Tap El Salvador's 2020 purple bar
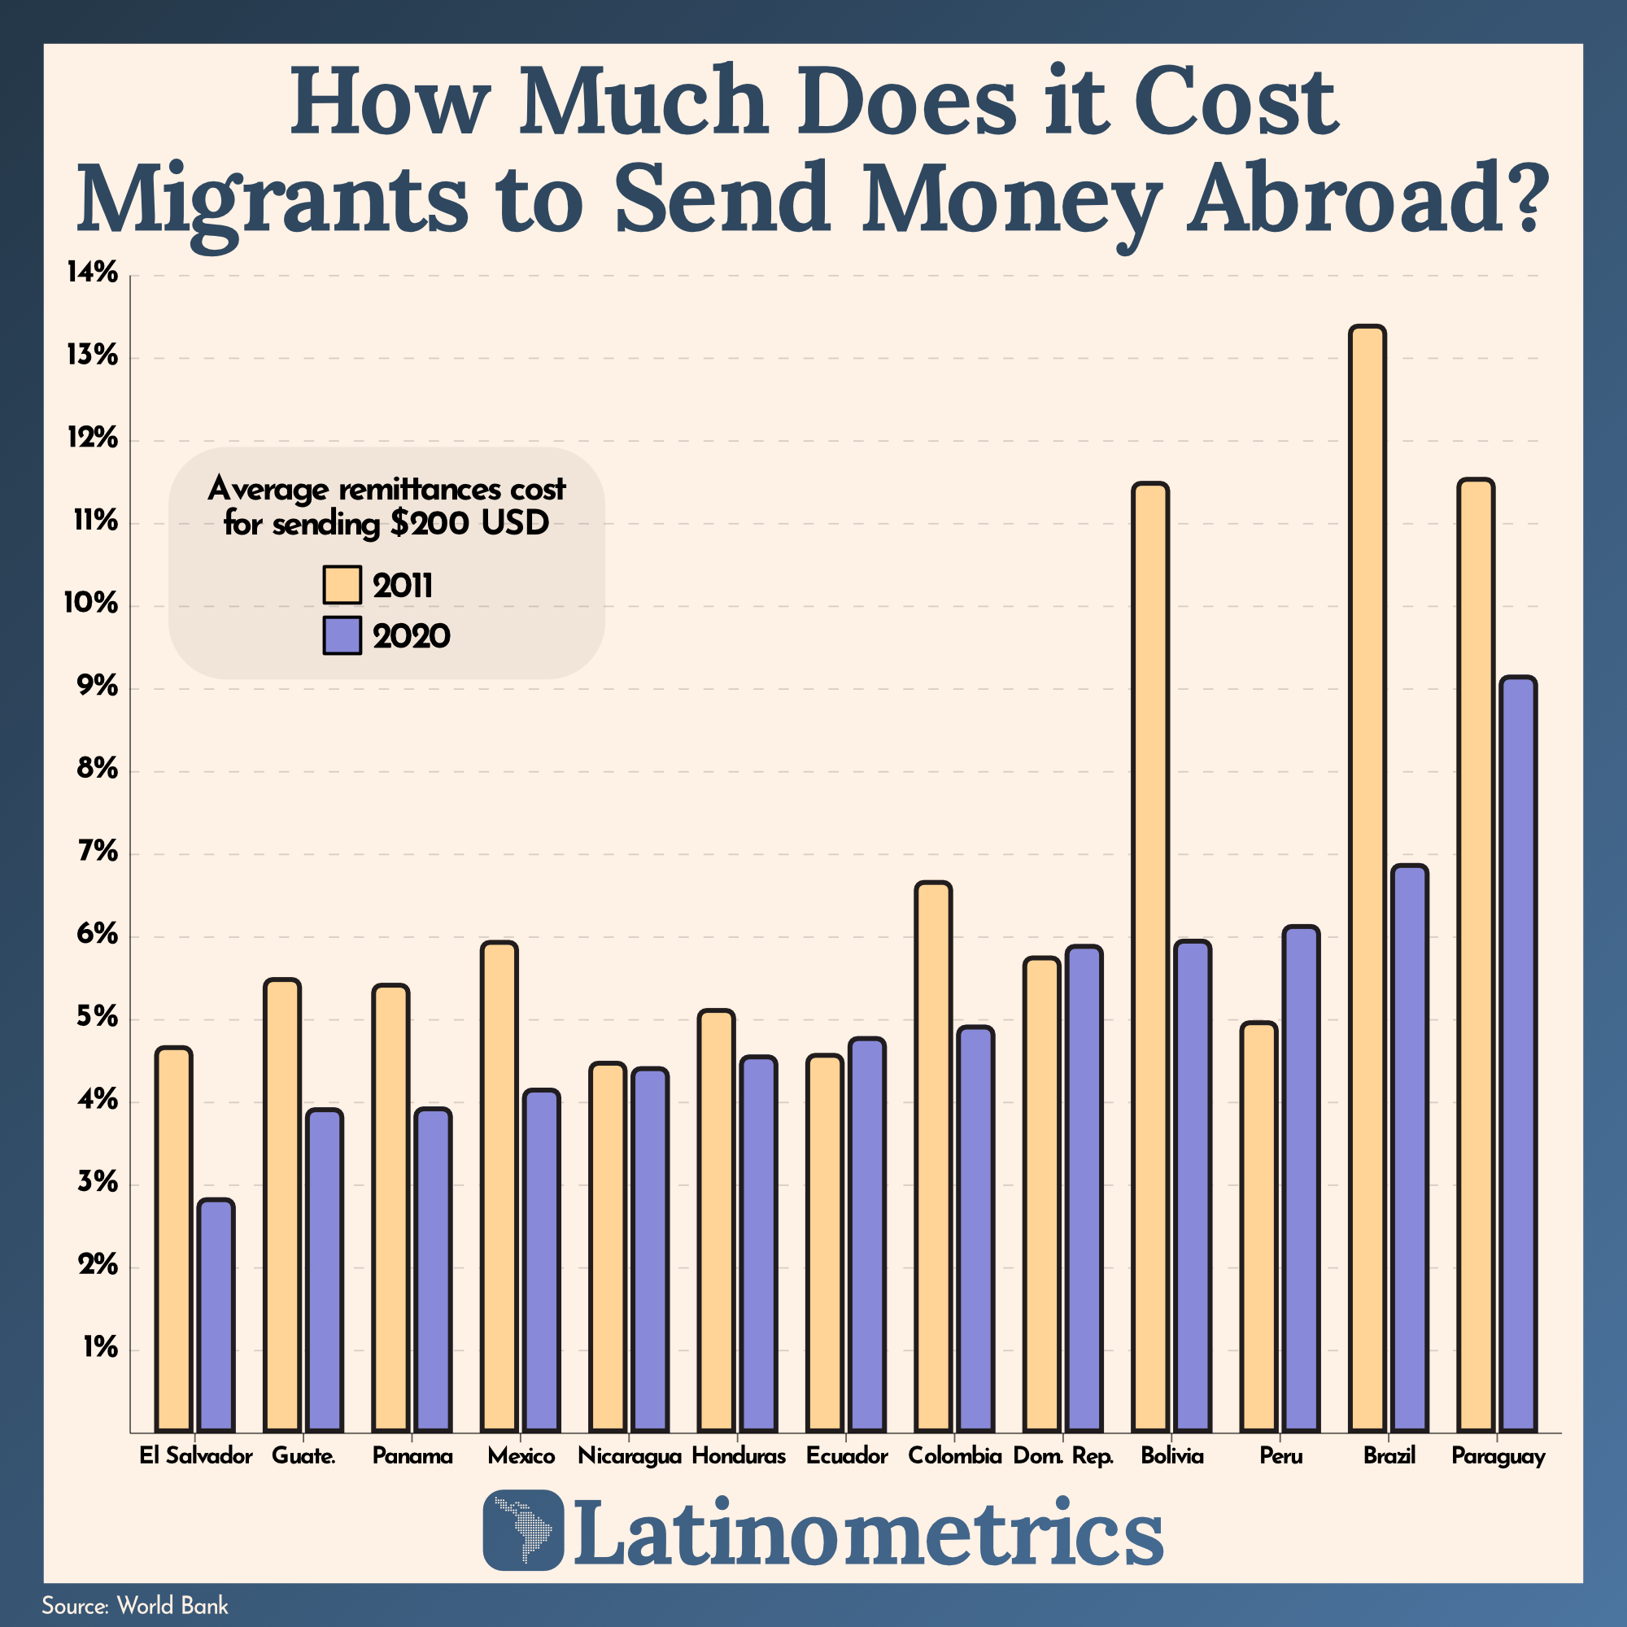pyautogui.click(x=216, y=1314)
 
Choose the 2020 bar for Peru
pyautogui.click(x=1300, y=1178)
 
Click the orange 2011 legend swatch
pyautogui.click(x=342, y=584)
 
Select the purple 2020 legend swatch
pyautogui.click(x=342, y=636)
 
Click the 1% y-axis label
pyautogui.click(x=99, y=1347)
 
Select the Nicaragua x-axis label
pyautogui.click(x=629, y=1456)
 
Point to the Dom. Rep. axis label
pyautogui.click(x=1062, y=1456)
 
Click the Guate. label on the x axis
pyautogui.click(x=303, y=1456)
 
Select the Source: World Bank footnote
pyautogui.click(x=135, y=1606)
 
